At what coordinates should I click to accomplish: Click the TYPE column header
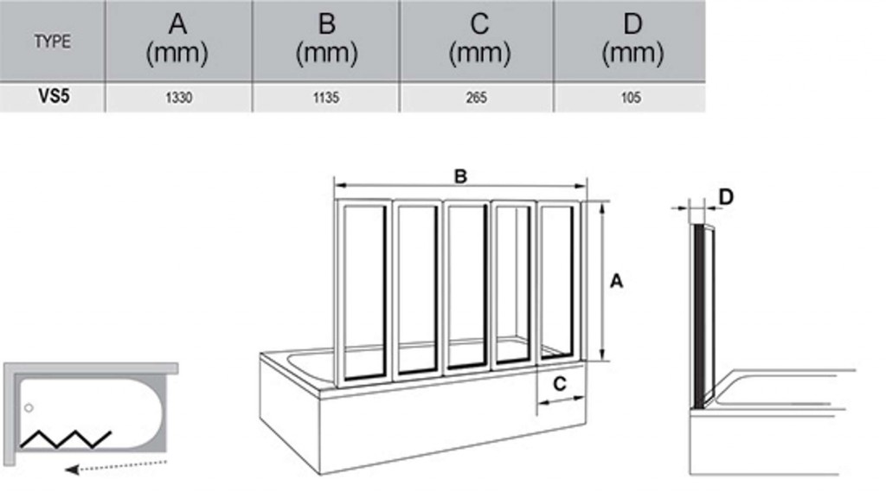click(52, 42)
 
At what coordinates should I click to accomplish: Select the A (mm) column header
click(177, 39)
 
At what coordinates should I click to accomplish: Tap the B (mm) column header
click(326, 39)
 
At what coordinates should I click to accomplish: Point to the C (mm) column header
click(479, 39)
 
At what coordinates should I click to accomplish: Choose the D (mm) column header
click(632, 39)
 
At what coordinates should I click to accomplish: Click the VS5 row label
click(54, 97)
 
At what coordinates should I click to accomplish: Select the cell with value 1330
click(178, 98)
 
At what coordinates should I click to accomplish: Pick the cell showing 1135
click(326, 98)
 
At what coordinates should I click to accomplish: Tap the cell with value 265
click(477, 98)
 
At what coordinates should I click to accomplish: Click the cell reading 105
click(631, 98)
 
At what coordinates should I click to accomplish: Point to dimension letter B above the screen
click(460, 176)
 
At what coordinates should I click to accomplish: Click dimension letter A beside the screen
click(616, 280)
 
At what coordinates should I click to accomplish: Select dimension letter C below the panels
click(560, 384)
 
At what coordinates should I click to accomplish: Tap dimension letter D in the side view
click(726, 197)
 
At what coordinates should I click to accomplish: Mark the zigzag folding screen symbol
click(66, 439)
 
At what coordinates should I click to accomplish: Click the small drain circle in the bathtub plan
click(29, 407)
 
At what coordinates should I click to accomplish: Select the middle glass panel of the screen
click(465, 287)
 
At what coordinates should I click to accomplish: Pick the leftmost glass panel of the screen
click(364, 293)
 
